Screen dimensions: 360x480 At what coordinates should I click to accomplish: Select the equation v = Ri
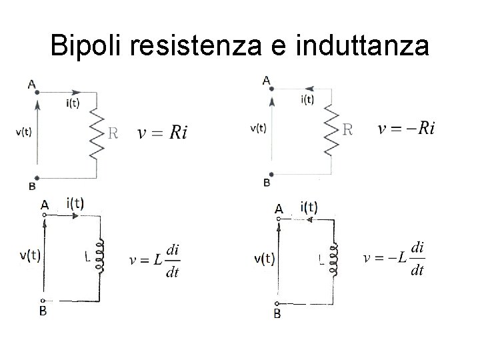pos(163,132)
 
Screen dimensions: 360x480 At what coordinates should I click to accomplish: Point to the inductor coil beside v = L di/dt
pos(101,256)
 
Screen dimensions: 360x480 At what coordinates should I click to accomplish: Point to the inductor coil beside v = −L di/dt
pos(335,261)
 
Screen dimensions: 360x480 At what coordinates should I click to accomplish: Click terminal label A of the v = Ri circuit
pos(31,84)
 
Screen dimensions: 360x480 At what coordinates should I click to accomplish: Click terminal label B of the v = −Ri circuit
pos(267,182)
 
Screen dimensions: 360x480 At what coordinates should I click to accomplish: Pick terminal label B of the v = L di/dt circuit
pos(42,311)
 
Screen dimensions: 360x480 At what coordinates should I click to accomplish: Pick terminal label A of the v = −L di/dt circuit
pos(279,209)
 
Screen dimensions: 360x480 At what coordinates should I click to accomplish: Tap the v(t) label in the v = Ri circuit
pos(23,131)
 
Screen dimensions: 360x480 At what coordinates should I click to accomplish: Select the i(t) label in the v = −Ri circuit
pos(308,99)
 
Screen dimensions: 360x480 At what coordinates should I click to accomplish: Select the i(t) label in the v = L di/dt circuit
pos(75,203)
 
